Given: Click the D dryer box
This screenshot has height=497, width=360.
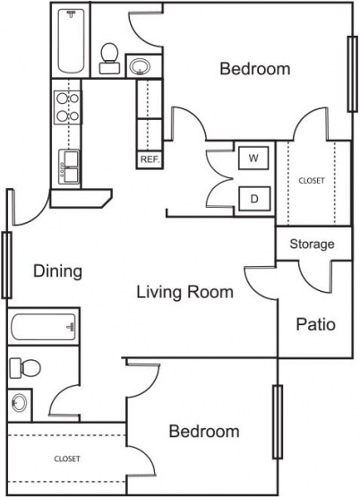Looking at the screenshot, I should [x=253, y=198].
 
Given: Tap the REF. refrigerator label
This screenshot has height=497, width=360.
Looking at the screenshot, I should [x=149, y=159].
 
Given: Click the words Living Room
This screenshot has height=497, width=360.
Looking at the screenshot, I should [x=184, y=292].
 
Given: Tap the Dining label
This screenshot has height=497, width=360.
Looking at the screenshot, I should [x=58, y=270].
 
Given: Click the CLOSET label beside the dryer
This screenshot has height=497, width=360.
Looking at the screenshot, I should [x=311, y=180].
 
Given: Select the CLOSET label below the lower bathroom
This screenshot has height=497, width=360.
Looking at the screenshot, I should [x=66, y=458].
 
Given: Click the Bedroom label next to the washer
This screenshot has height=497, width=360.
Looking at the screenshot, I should [x=254, y=69].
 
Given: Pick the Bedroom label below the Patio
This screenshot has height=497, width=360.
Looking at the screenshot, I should [x=204, y=432].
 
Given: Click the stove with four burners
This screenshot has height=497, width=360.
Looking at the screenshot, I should [x=65, y=107].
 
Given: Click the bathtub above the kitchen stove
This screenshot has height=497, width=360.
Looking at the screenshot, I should [x=71, y=41].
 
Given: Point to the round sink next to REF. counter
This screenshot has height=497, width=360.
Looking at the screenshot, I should [x=140, y=64].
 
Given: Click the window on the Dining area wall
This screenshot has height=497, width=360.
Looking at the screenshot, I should [x=6, y=264].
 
